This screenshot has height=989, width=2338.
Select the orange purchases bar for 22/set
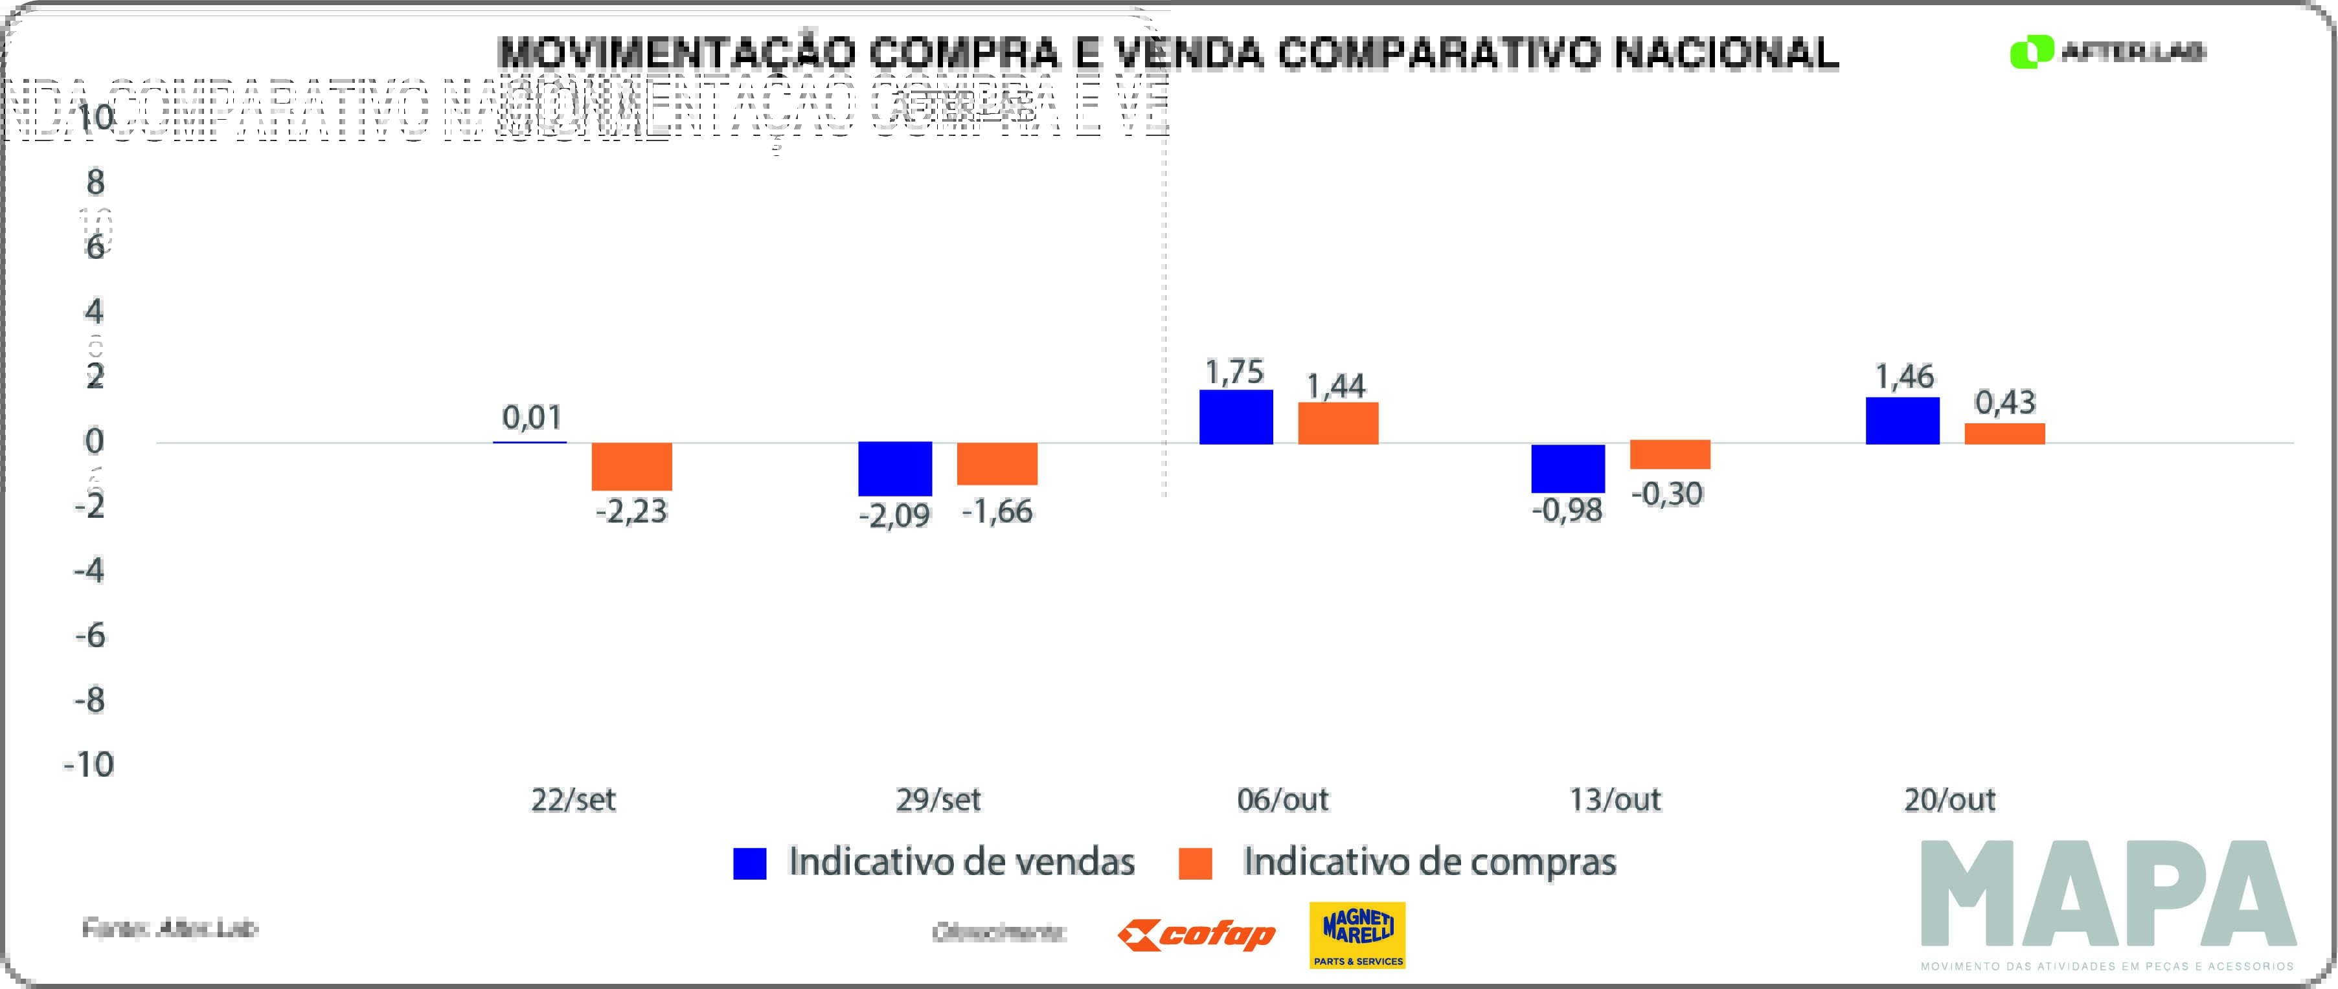tap(631, 467)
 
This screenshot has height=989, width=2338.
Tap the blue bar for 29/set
tap(895, 468)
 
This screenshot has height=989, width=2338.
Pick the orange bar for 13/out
tap(1670, 454)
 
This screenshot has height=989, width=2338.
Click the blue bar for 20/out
tap(1902, 420)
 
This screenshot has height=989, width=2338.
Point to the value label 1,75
tap(1234, 372)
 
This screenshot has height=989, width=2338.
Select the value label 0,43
tap(2005, 402)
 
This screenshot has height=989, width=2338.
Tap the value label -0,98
tap(1567, 510)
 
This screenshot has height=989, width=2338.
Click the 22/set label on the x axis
tap(573, 799)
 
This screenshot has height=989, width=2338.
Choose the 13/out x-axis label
tap(1615, 799)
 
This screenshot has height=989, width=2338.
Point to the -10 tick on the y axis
tap(89, 764)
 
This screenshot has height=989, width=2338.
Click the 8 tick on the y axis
tap(95, 183)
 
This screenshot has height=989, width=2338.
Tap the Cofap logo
tap(1196, 935)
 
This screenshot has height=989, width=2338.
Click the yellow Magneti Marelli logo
tap(1357, 935)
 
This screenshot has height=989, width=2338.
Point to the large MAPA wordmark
tap(2107, 894)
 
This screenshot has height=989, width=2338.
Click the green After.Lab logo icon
tap(2031, 52)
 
